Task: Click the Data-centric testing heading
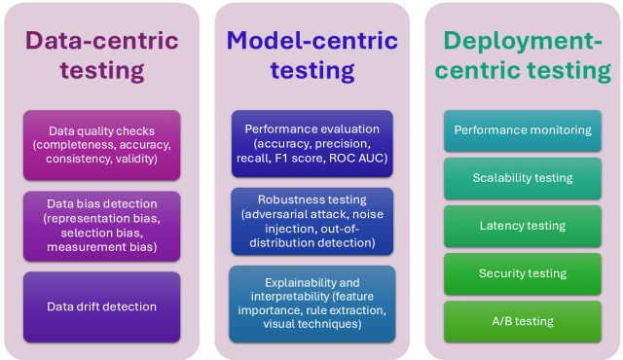101,55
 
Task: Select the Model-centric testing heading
312,55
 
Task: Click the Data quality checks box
101,145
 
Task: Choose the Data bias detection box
101,226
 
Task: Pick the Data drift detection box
101,306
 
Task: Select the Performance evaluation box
312,143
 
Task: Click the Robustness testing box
312,221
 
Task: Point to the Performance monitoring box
523,130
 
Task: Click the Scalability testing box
523,178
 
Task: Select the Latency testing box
523,226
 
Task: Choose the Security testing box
523,273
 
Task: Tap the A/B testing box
523,321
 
